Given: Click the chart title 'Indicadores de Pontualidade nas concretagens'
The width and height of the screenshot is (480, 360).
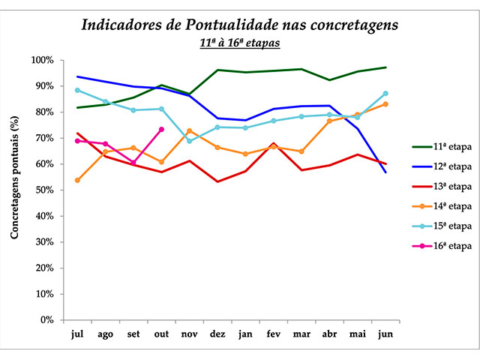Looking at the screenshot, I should tap(239, 25).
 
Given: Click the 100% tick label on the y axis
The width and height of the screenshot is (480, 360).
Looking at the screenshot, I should tap(41, 60).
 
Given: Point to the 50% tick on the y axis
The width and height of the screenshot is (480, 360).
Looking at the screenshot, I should tap(43, 190).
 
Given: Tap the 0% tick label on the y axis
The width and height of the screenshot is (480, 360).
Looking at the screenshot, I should tap(46, 320).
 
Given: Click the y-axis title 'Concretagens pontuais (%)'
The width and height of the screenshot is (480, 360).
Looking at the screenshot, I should tap(14, 190).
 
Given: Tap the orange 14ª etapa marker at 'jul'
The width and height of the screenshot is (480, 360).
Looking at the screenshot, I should tap(78, 180).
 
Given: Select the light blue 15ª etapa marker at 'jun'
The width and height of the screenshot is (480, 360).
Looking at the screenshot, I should tap(385, 93).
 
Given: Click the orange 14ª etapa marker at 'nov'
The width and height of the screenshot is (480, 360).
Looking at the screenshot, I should tap(190, 130).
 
